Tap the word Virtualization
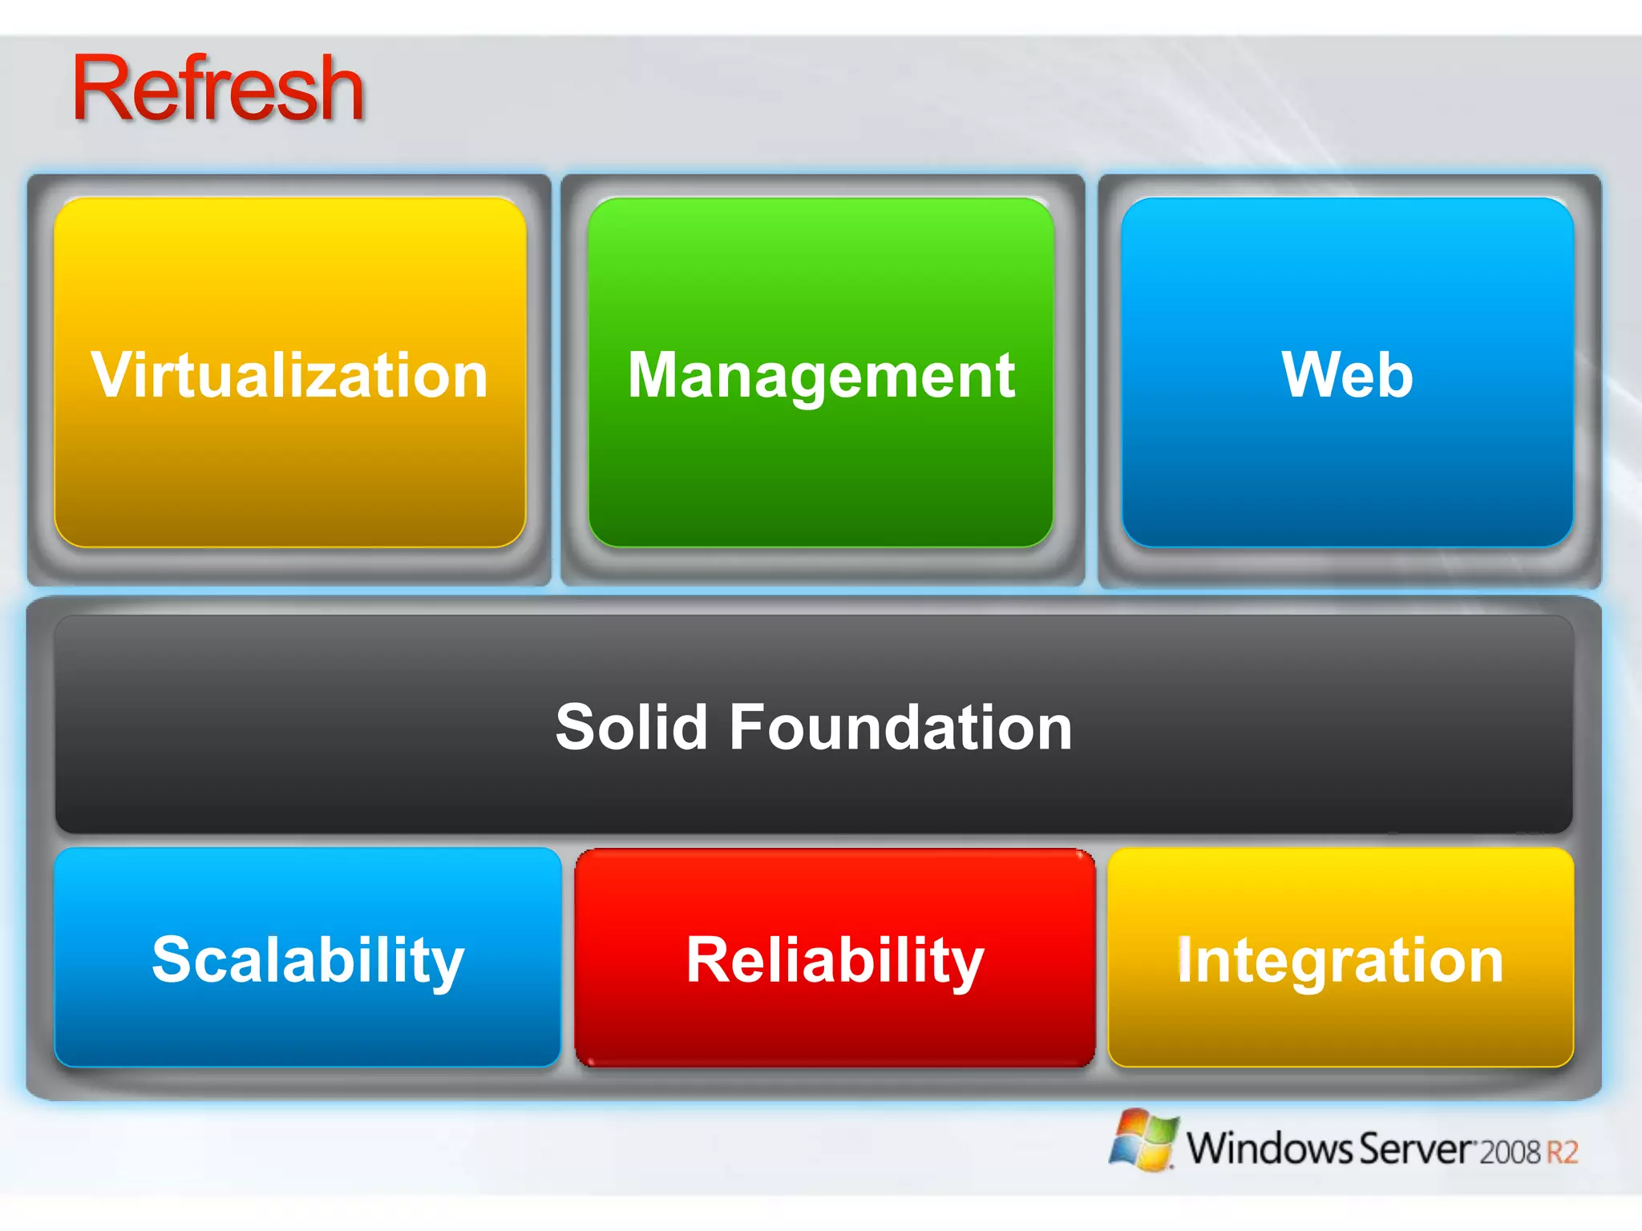click(289, 375)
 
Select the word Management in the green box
click(821, 375)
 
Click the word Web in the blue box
click(1347, 375)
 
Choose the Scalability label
click(308, 960)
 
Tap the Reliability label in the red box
click(835, 960)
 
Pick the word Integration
click(1340, 960)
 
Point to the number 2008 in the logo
click(1511, 1152)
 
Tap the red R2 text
click(1562, 1152)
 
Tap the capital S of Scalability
click(173, 959)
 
